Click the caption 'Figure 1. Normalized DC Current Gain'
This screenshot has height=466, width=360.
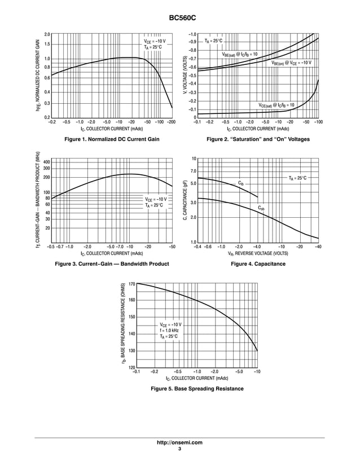tap(112, 139)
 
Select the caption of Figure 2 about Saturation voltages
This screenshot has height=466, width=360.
tap(258, 139)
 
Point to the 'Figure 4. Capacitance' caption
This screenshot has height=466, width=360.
tap(258, 264)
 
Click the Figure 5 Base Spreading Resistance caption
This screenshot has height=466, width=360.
tap(196, 389)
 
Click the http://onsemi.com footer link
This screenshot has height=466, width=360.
tap(179, 442)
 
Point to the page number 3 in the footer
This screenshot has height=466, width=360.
tap(179, 449)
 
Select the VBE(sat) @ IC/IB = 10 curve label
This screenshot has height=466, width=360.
tap(240, 54)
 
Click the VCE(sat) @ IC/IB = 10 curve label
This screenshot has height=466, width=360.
tap(276, 105)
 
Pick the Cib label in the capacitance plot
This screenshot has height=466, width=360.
tap(241, 183)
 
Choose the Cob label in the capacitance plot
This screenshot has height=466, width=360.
tap(261, 208)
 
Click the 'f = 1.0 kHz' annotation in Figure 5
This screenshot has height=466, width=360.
tap(169, 331)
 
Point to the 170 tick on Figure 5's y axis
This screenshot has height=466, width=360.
tap(131, 284)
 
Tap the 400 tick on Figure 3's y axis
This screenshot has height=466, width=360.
tap(47, 162)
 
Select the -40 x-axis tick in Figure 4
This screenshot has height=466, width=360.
tap(318, 247)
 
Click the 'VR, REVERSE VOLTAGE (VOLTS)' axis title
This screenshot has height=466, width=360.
tap(258, 254)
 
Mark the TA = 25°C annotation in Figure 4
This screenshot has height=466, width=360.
tap(297, 178)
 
